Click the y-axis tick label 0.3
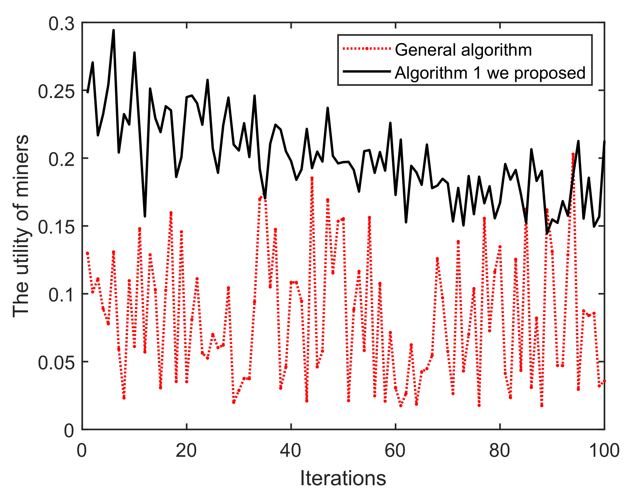(61, 24)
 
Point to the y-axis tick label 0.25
(56, 92)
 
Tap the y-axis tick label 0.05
(56, 363)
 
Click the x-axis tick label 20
(186, 450)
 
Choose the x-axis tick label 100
(604, 450)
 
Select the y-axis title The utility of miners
(21, 226)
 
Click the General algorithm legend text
(463, 50)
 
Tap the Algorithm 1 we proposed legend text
(490, 73)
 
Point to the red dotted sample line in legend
(367, 49)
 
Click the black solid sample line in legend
(367, 71)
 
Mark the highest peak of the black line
(113, 30)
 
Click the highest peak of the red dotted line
(573, 154)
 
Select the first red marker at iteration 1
(87, 253)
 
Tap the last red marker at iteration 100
(604, 381)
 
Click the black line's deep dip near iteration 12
(145, 216)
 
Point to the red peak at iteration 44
(312, 178)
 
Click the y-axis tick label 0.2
(61, 160)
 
